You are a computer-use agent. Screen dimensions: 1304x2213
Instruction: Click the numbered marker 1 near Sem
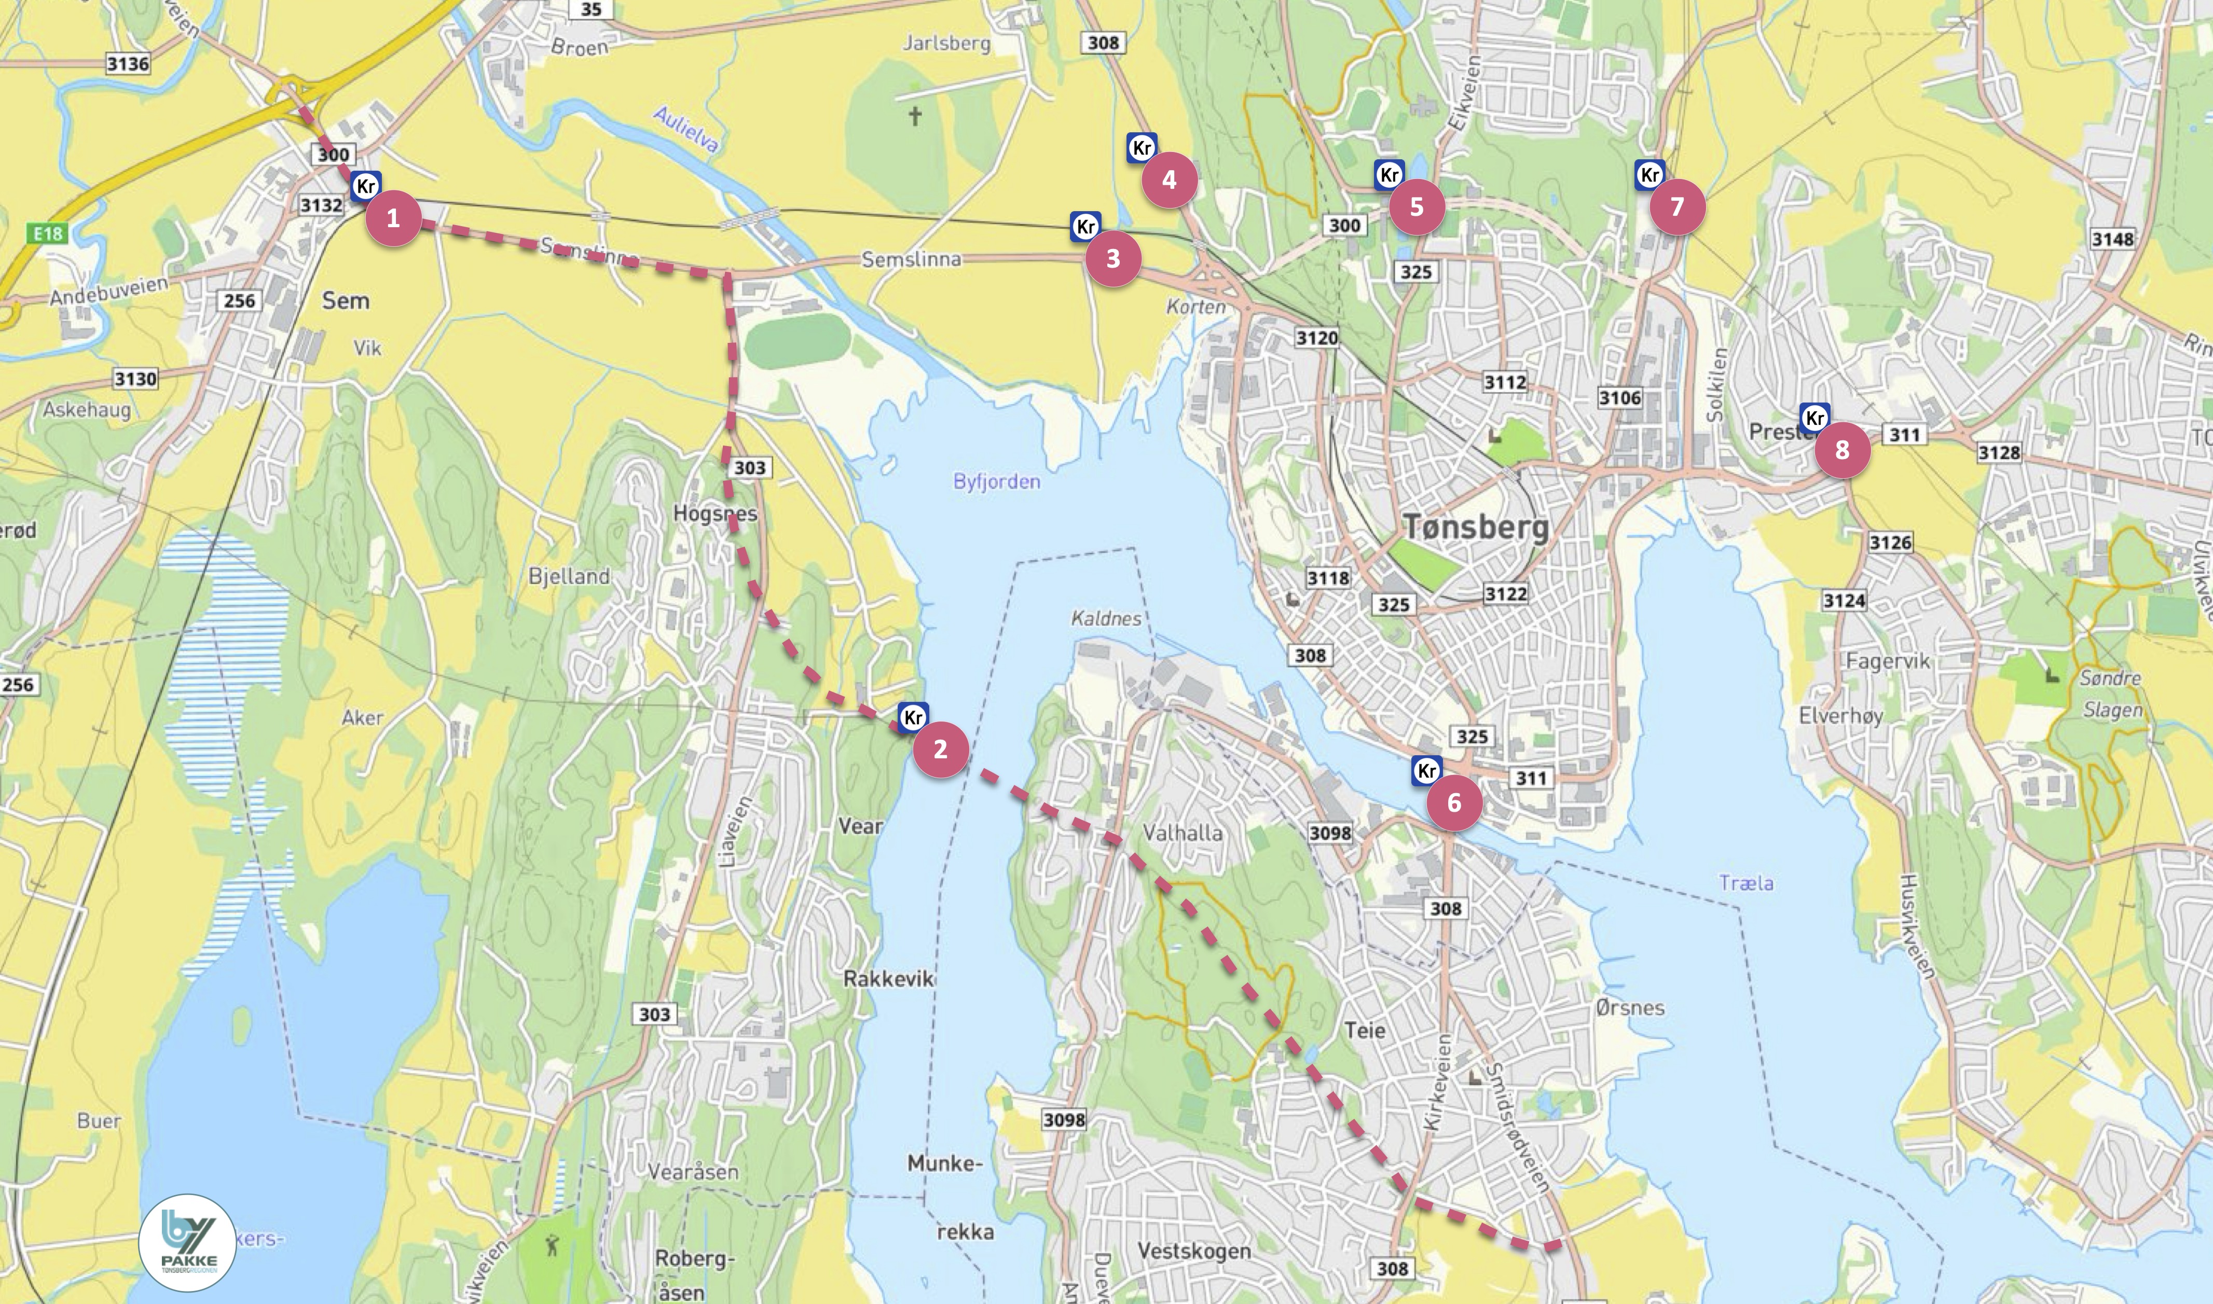point(393,218)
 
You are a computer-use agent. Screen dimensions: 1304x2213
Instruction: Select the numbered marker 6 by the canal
point(1454,802)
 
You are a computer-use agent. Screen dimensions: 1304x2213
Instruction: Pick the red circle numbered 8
point(1842,450)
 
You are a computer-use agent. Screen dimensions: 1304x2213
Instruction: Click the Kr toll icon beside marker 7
point(1650,175)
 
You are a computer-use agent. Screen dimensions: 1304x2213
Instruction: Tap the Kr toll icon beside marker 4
point(1142,148)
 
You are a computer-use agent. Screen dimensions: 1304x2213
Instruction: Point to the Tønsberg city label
point(1476,527)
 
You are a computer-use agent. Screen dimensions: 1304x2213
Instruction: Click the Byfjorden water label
point(997,481)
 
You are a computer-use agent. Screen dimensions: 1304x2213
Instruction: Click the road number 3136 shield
point(128,63)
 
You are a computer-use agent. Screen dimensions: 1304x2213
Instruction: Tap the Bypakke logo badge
point(187,1242)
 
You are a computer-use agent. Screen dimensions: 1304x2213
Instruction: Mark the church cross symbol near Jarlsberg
point(915,116)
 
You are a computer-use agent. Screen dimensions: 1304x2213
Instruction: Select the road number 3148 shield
point(2112,239)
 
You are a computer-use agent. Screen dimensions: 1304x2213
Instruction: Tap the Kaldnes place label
point(1106,619)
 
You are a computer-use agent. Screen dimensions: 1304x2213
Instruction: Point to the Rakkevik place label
point(888,978)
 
